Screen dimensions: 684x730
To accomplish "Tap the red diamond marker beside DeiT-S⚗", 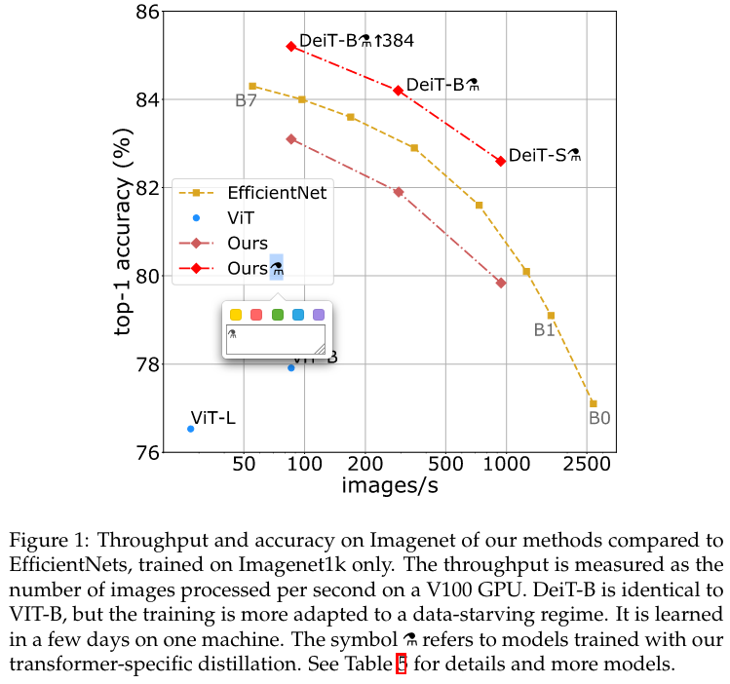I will pyautogui.click(x=500, y=161).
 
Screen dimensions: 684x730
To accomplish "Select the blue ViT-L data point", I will pyautogui.click(x=191, y=429).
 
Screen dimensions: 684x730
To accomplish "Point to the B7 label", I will pyautogui.click(x=246, y=100).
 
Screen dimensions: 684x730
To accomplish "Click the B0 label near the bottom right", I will pyautogui.click(x=598, y=418).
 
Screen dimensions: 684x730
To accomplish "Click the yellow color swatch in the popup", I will pyautogui.click(x=235, y=314).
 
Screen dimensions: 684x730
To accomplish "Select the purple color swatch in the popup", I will pyautogui.click(x=319, y=314).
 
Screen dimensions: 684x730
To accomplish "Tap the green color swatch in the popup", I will pyautogui.click(x=277, y=314).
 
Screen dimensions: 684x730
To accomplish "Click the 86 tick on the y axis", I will pyautogui.click(x=147, y=13).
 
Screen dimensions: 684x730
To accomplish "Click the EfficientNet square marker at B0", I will pyautogui.click(x=593, y=403).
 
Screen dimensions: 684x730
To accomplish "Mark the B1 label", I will pyautogui.click(x=544, y=330).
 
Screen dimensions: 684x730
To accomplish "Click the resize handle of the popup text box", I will pyautogui.click(x=319, y=347).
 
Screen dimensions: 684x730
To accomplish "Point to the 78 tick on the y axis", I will pyautogui.click(x=147, y=364).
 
